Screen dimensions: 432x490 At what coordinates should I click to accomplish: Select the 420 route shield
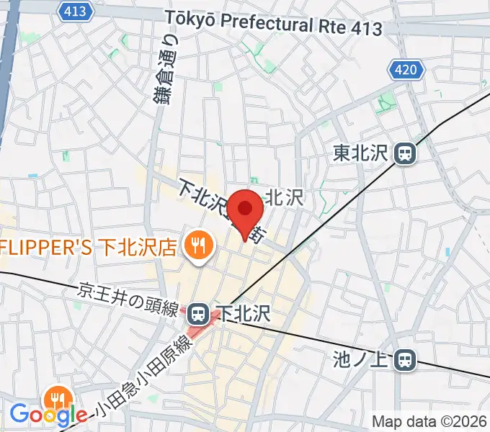(406, 70)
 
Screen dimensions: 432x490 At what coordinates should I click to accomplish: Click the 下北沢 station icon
(197, 313)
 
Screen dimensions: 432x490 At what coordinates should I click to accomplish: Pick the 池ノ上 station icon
(407, 358)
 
